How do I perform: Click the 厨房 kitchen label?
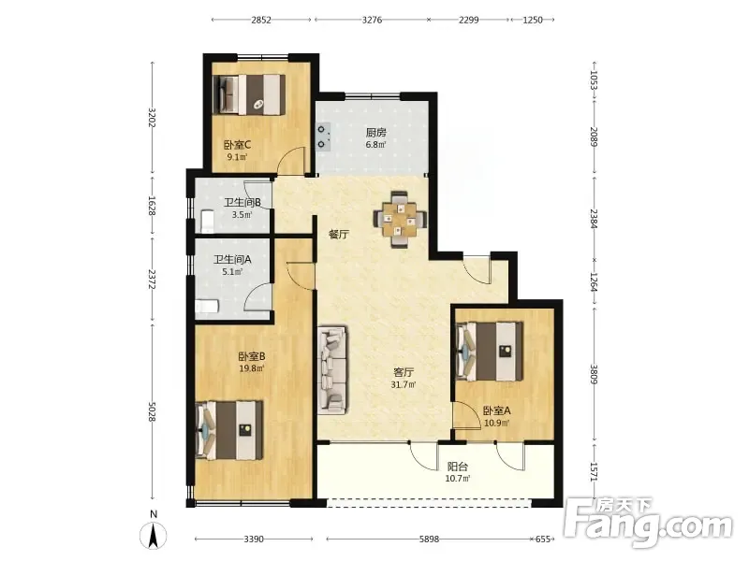click(376, 132)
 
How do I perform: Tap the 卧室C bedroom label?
click(238, 145)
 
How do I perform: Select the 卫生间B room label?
click(242, 202)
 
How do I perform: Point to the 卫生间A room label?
click(232, 260)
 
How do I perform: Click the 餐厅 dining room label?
click(339, 235)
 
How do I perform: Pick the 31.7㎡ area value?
click(404, 384)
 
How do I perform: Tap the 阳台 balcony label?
click(457, 467)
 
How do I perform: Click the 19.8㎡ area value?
click(252, 367)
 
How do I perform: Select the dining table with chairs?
click(401, 220)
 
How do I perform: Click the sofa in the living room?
click(332, 369)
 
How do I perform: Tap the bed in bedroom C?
click(248, 94)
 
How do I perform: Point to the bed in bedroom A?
click(489, 352)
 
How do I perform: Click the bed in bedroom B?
click(229, 431)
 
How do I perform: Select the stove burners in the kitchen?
click(323, 137)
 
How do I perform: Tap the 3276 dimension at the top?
click(372, 20)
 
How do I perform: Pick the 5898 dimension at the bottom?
click(429, 539)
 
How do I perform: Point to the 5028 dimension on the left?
click(152, 410)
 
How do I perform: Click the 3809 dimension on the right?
click(594, 374)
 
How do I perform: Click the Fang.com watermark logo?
click(648, 524)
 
